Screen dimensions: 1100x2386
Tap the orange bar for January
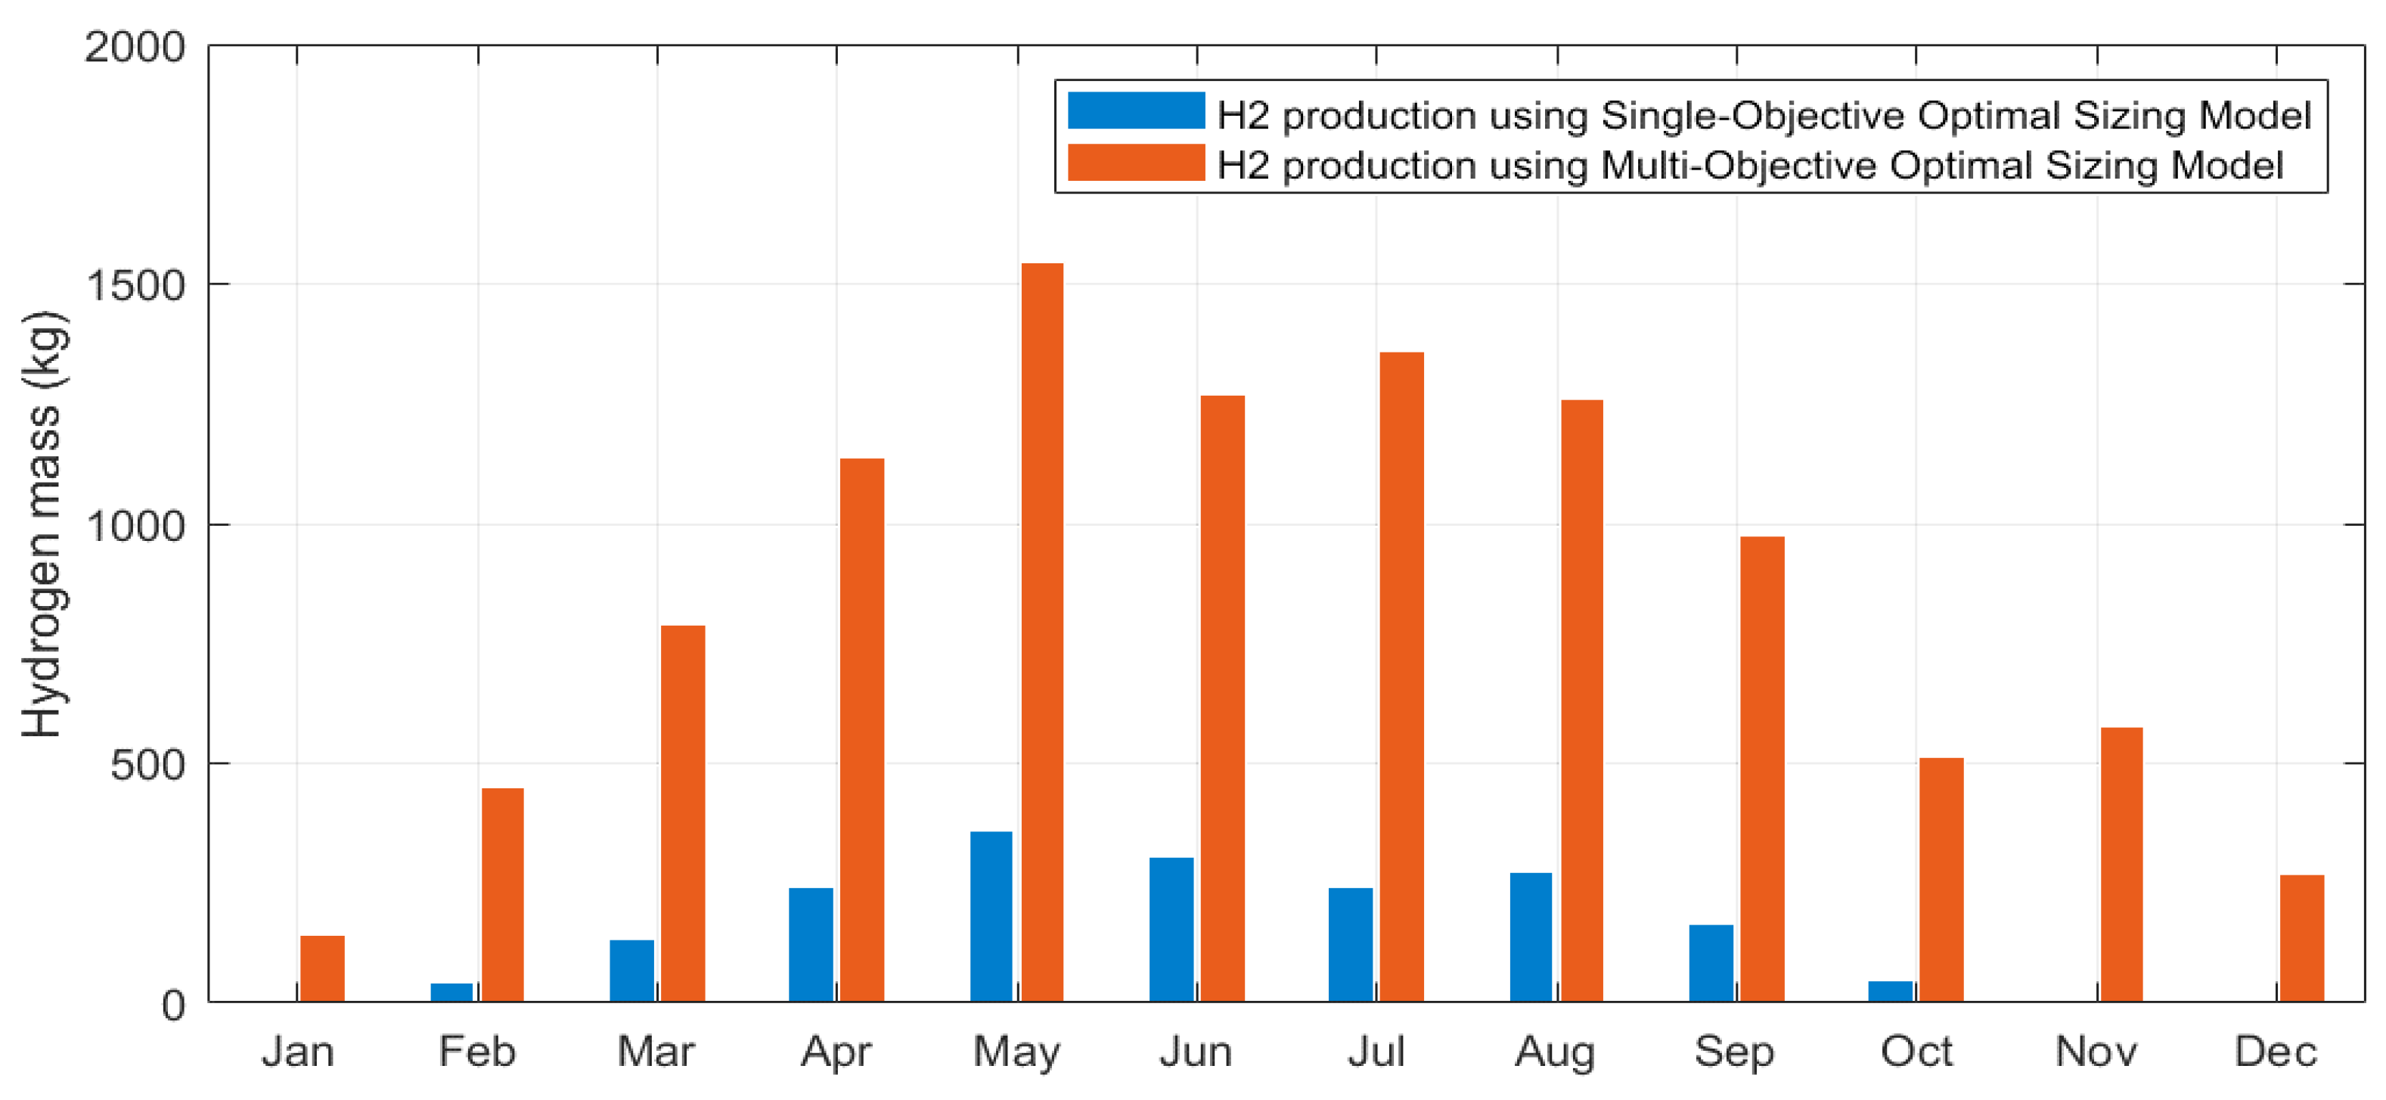click(322, 968)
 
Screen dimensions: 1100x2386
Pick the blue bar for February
click(452, 992)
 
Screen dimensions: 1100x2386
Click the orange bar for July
click(1401, 676)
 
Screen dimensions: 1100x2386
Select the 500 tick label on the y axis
click(147, 766)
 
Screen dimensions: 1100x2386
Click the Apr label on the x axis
click(836, 1052)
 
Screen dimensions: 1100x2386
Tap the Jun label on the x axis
click(1196, 1052)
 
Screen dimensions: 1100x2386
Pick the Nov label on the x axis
click(2096, 1052)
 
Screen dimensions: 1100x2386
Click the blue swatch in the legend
click(1136, 110)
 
